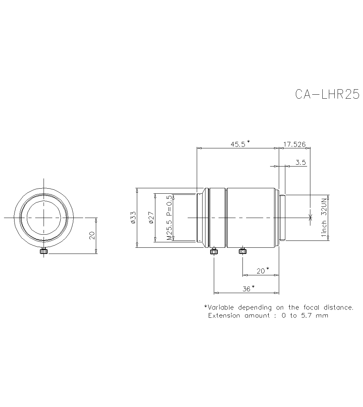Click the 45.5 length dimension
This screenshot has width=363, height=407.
pyautogui.click(x=238, y=144)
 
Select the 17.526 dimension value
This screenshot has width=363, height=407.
pyautogui.click(x=294, y=144)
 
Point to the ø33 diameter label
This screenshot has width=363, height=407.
pyautogui.click(x=133, y=217)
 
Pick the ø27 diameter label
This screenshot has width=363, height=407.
pyautogui.click(x=151, y=217)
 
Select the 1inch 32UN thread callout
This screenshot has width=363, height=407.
pyautogui.click(x=324, y=218)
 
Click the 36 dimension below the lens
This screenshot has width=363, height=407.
pyautogui.click(x=246, y=289)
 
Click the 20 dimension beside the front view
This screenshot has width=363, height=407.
pyautogui.click(x=92, y=235)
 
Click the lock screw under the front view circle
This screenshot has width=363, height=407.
pyautogui.click(x=44, y=251)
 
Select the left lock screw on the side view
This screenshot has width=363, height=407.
pyautogui.click(x=214, y=251)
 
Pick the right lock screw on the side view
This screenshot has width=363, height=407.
pyautogui.click(x=242, y=251)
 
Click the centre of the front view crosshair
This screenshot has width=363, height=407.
pyautogui.click(x=44, y=218)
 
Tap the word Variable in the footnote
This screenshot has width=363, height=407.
pyautogui.click(x=221, y=308)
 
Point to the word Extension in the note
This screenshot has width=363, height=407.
pyautogui.click(x=224, y=316)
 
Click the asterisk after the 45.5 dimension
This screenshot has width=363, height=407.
pyautogui.click(x=248, y=141)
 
